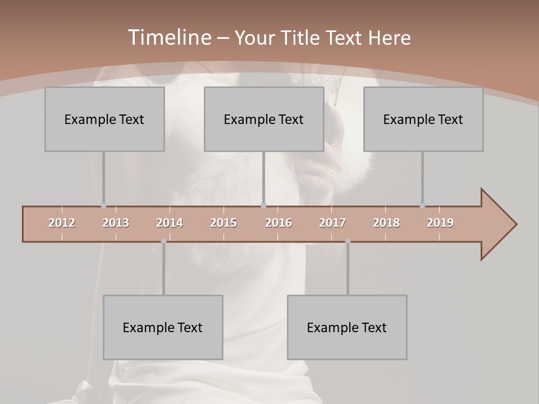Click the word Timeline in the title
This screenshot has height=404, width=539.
(x=168, y=38)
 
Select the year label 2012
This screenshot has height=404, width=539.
(x=62, y=223)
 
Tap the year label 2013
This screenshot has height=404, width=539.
(x=116, y=223)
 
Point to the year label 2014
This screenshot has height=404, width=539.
(x=170, y=223)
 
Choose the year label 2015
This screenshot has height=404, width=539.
(x=223, y=223)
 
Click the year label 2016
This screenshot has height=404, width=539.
(x=278, y=223)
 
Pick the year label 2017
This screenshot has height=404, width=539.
(x=332, y=223)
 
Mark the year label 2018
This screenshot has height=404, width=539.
(x=386, y=223)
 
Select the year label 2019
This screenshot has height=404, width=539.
(x=440, y=223)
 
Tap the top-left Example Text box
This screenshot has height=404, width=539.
(x=104, y=119)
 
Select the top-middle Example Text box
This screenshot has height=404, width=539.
(x=264, y=119)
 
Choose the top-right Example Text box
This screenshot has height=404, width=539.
(x=423, y=119)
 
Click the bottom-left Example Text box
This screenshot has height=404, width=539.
(x=163, y=327)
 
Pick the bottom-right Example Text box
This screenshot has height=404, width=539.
(x=347, y=327)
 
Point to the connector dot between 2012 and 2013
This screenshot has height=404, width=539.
(x=103, y=206)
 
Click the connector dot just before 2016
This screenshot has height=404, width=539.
(x=264, y=206)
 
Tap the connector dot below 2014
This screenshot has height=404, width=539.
(x=163, y=241)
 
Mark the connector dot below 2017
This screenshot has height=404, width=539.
(x=348, y=241)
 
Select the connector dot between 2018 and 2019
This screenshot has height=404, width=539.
(x=422, y=206)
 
